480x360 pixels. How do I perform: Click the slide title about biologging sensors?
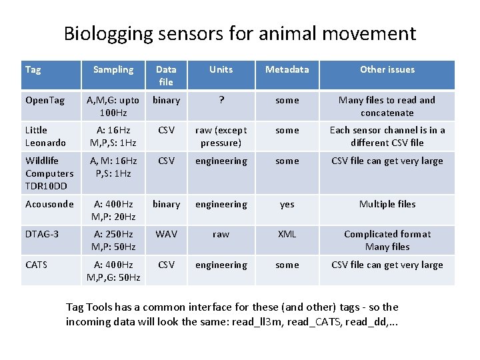[x=240, y=33]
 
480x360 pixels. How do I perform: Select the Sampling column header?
[x=113, y=69]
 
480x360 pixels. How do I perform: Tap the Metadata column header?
[x=287, y=69]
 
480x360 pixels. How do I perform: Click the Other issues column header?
[x=387, y=69]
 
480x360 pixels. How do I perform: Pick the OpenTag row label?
[x=45, y=100]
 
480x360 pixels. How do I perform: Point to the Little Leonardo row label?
[x=45, y=136]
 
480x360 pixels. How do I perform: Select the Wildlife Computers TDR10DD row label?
[x=49, y=173]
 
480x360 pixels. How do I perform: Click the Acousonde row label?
[x=49, y=204]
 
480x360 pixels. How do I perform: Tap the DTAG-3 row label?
[x=42, y=234]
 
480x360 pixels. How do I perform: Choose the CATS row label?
[x=37, y=265]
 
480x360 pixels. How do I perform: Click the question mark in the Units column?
[x=221, y=100]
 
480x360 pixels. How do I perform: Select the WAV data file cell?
[x=166, y=234]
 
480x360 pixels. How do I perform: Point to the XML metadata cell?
[x=287, y=234]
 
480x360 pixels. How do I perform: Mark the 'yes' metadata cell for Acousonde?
[x=287, y=204]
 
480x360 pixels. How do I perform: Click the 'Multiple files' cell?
[x=387, y=204]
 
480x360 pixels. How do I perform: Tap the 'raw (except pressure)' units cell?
[x=221, y=136]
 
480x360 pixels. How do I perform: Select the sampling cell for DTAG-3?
[x=113, y=240]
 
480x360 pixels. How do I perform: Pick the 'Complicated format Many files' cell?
[x=387, y=240]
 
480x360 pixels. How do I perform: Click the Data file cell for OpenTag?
[x=166, y=100]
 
